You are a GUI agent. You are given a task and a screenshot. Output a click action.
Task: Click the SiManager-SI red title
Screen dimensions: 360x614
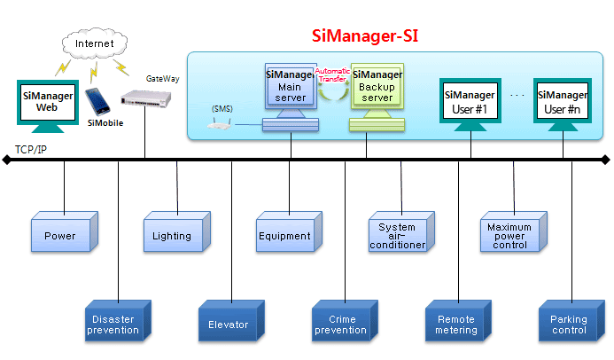[365, 36]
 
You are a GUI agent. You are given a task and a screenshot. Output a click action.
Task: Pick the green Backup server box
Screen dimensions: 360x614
[376, 86]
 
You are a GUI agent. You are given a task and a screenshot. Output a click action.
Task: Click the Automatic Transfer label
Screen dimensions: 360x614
[332, 75]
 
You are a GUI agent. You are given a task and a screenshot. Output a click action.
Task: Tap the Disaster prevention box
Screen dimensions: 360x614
[115, 324]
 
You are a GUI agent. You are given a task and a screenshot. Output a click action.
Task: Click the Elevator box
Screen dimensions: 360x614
[229, 324]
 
